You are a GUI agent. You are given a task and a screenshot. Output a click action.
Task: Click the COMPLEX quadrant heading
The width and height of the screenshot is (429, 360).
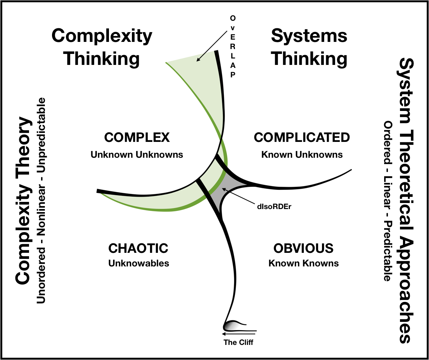[x=137, y=137]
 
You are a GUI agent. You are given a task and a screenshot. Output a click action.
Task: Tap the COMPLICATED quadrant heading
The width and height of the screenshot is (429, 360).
[x=302, y=137]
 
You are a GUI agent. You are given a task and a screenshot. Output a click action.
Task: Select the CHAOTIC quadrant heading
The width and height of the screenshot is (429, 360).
[x=138, y=248]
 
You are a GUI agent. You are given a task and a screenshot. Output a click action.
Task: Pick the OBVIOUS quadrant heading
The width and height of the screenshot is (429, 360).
[x=303, y=248]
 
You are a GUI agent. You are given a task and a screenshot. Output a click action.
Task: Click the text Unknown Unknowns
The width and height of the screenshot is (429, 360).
[x=137, y=154]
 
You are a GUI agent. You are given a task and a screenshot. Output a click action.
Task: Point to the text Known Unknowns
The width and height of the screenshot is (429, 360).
[x=302, y=154]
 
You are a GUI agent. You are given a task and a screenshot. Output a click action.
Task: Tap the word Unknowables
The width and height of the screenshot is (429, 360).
[x=139, y=263]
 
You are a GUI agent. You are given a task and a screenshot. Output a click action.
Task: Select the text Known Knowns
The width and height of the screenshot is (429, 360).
[x=303, y=263]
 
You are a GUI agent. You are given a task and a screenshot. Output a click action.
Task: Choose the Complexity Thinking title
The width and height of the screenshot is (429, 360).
[x=102, y=47]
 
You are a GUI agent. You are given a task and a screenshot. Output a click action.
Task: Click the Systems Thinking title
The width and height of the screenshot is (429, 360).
[x=309, y=47]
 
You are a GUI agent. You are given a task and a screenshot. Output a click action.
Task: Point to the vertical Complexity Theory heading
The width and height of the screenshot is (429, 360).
[x=23, y=200]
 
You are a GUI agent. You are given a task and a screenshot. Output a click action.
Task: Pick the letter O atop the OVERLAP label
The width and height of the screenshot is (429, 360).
[x=233, y=18]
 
